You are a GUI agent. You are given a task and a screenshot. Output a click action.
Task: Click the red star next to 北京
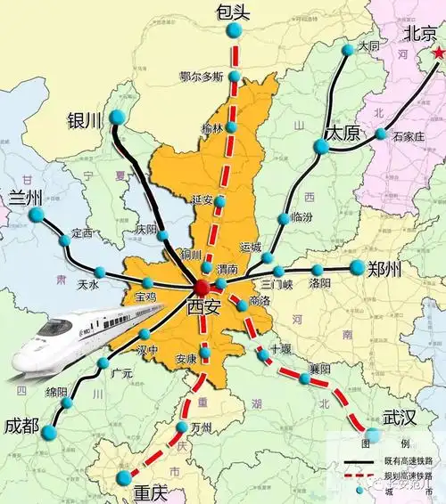[438, 54]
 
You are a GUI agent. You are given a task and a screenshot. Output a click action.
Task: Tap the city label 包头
[235, 12]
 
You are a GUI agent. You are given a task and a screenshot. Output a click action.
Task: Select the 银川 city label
[86, 119]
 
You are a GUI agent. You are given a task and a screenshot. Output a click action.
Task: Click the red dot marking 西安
[203, 287]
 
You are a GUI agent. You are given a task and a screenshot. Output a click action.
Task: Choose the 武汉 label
[399, 417]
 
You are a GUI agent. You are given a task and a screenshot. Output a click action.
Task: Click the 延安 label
[202, 199]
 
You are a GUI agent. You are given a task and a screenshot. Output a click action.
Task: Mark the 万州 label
[202, 427]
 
